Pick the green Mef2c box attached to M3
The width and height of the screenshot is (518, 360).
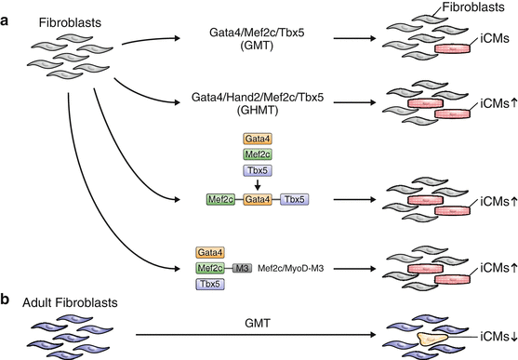tap(210, 268)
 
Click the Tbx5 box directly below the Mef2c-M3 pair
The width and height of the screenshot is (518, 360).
tap(210, 285)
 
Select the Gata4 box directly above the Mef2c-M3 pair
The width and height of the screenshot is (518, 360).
tap(210, 251)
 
